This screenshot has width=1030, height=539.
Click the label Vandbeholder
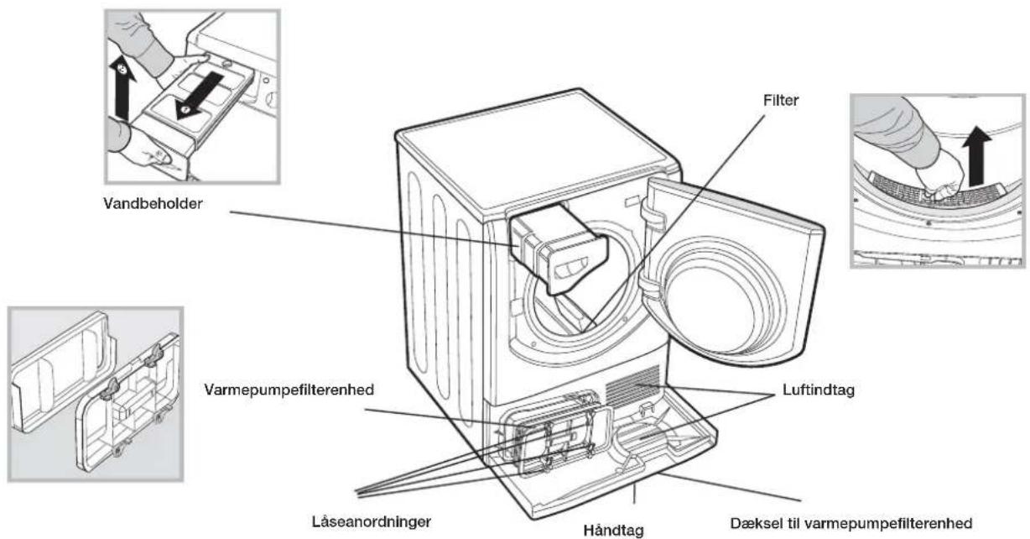(x=153, y=204)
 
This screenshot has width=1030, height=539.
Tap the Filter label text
(x=781, y=101)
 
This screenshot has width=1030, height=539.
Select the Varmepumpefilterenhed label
(x=289, y=390)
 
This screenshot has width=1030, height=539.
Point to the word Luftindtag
(x=819, y=390)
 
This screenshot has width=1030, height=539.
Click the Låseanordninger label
(x=372, y=521)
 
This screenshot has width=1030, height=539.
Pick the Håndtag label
(x=613, y=530)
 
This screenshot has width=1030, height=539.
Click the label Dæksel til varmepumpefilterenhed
(x=851, y=523)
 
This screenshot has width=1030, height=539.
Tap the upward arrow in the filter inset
(x=976, y=155)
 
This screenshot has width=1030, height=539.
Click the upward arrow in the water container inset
(x=122, y=86)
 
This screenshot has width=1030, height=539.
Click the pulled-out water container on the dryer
(x=559, y=249)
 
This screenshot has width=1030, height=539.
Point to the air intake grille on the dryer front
(x=632, y=385)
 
